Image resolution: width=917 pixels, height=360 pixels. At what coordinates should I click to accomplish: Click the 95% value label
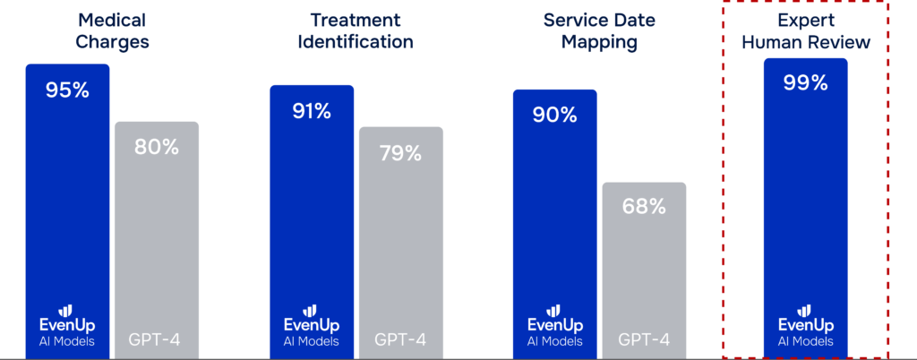pyautogui.click(x=67, y=90)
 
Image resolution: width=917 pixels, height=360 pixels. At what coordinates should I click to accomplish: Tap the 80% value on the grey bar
pyautogui.click(x=157, y=147)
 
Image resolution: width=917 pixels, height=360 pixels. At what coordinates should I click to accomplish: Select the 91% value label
pyautogui.click(x=312, y=112)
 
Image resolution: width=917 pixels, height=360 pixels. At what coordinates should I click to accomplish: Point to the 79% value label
pyautogui.click(x=399, y=153)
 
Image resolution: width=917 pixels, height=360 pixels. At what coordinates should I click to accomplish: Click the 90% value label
pyautogui.click(x=555, y=116)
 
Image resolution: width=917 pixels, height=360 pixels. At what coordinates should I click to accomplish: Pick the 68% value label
pyautogui.click(x=644, y=207)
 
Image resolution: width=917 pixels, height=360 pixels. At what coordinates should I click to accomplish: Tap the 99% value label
pyautogui.click(x=805, y=83)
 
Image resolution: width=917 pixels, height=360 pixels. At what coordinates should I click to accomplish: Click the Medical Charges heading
pyautogui.click(x=113, y=30)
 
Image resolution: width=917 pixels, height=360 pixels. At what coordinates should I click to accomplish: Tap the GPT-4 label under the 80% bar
pyautogui.click(x=156, y=340)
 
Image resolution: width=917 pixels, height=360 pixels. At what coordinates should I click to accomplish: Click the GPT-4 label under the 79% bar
pyautogui.click(x=400, y=340)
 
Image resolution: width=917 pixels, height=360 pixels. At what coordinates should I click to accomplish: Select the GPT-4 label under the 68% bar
pyautogui.click(x=644, y=340)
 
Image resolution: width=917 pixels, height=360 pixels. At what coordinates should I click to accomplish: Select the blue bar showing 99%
pyautogui.click(x=805, y=197)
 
